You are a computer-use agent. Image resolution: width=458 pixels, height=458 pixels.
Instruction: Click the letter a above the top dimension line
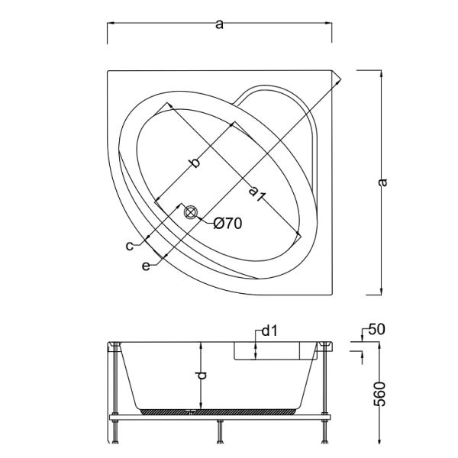click(x=219, y=24)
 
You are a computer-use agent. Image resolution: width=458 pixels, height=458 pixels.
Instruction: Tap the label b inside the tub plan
click(x=195, y=163)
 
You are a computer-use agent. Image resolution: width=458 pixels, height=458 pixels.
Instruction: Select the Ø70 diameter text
click(x=227, y=223)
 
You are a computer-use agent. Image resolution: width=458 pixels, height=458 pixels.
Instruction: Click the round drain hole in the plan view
click(x=190, y=211)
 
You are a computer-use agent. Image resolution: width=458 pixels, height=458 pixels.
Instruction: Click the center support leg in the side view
click(x=221, y=432)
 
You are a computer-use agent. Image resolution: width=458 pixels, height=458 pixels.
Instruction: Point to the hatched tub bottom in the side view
click(x=221, y=410)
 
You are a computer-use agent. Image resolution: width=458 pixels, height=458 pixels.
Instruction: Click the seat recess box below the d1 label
click(x=275, y=350)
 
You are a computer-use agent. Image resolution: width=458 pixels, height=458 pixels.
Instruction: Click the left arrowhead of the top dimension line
click(x=109, y=23)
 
